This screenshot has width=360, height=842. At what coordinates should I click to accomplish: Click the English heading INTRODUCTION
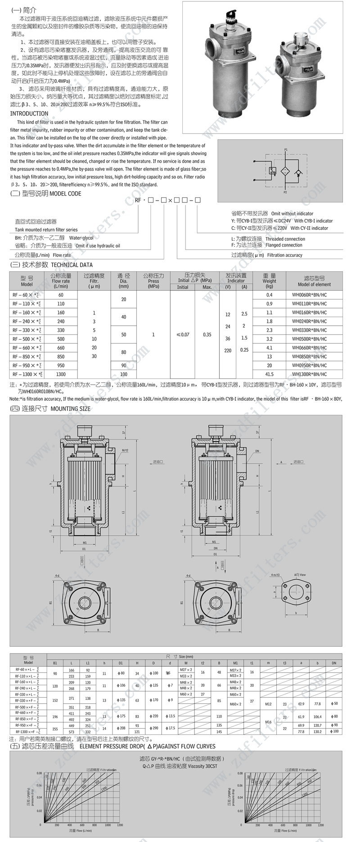tap(29, 114)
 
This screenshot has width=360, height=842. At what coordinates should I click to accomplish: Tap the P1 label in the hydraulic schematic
tap(286, 149)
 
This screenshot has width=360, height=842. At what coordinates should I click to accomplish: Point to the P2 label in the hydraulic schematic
tap(285, 192)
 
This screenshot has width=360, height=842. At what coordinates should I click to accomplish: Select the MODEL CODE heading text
tap(66, 193)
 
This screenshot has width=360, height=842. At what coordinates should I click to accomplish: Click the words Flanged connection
tap(284, 245)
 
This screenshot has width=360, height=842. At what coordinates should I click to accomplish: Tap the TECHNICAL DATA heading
tap(72, 265)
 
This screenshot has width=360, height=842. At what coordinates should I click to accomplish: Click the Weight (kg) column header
tap(269, 281)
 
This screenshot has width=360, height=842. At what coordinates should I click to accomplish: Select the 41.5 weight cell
tap(269, 374)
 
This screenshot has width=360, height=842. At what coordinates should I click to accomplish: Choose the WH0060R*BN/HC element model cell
tap(309, 295)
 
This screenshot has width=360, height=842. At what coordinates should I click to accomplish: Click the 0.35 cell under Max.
tap(207, 335)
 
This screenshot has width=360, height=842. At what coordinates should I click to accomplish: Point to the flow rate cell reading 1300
tap(61, 374)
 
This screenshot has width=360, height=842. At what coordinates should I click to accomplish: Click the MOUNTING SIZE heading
tap(70, 409)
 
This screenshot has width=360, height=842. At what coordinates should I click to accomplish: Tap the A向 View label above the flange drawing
tap(300, 575)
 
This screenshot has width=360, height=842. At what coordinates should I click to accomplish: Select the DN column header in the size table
tap(334, 663)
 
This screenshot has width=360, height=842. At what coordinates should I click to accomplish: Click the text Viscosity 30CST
tap(199, 766)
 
